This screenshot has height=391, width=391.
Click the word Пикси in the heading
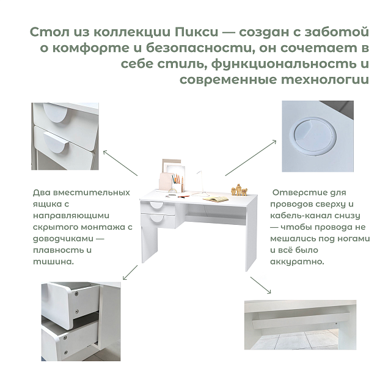(x=196, y=32)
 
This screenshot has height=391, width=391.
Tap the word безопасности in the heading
(x=198, y=48)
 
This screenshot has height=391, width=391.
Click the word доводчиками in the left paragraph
(x=64, y=239)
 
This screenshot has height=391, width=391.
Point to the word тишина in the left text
(x=53, y=262)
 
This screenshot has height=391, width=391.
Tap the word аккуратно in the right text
(x=297, y=262)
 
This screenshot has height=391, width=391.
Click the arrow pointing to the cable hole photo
(x=250, y=158)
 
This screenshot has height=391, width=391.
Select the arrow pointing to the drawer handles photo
(x=120, y=163)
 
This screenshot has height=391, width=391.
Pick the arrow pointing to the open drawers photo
(x=130, y=272)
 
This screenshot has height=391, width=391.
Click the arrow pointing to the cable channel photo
(x=261, y=285)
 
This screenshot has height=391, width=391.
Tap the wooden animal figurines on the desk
(x=239, y=190)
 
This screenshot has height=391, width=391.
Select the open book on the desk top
(x=216, y=199)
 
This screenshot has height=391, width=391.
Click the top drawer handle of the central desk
(x=156, y=205)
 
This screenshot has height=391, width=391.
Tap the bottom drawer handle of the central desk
(x=156, y=219)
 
